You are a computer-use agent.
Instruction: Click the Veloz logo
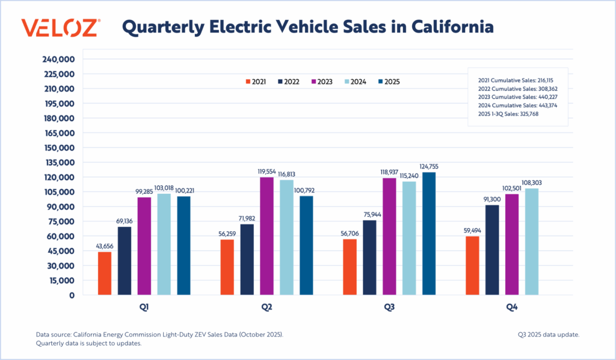coord(61,28)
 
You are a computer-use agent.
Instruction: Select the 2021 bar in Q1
coord(105,273)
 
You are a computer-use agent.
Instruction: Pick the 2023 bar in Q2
coord(266,236)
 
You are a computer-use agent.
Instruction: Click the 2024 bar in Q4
coord(532,241)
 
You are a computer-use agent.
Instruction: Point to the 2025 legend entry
coord(389,81)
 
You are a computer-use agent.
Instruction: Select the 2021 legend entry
coord(256,81)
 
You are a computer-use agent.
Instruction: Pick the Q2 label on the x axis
coord(266,307)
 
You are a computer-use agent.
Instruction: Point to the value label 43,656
coord(105,246)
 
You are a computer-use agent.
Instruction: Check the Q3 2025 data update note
coord(548,334)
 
